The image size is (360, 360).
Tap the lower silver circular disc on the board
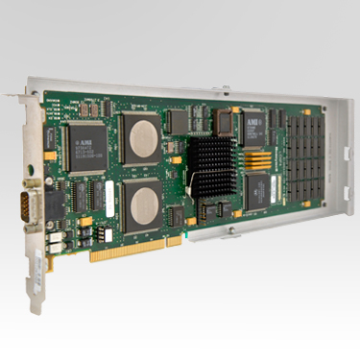(142, 206)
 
